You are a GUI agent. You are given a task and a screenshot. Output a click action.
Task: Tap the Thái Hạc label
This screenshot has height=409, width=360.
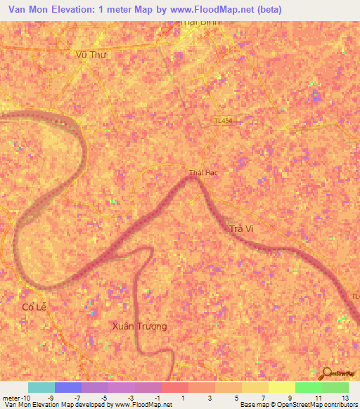click(203, 173)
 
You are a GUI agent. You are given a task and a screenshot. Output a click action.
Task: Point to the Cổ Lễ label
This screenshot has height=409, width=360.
click(33, 307)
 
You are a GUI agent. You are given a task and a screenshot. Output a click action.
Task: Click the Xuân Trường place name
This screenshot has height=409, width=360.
click(140, 326)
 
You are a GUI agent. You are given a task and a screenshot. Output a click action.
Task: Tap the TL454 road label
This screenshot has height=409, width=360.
click(225, 121)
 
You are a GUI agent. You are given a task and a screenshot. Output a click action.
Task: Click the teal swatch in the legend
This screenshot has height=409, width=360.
click(41, 387)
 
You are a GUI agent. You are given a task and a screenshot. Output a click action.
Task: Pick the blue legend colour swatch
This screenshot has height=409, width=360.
click(68, 387)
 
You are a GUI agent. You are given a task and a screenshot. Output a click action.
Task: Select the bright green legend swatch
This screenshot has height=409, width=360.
click(308, 387)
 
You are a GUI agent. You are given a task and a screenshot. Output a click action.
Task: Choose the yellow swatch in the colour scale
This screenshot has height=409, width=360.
click(281, 387)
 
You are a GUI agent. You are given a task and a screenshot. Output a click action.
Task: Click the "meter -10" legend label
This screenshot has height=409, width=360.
click(15, 398)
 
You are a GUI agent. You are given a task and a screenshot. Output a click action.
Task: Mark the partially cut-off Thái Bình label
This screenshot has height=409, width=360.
click(200, 22)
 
